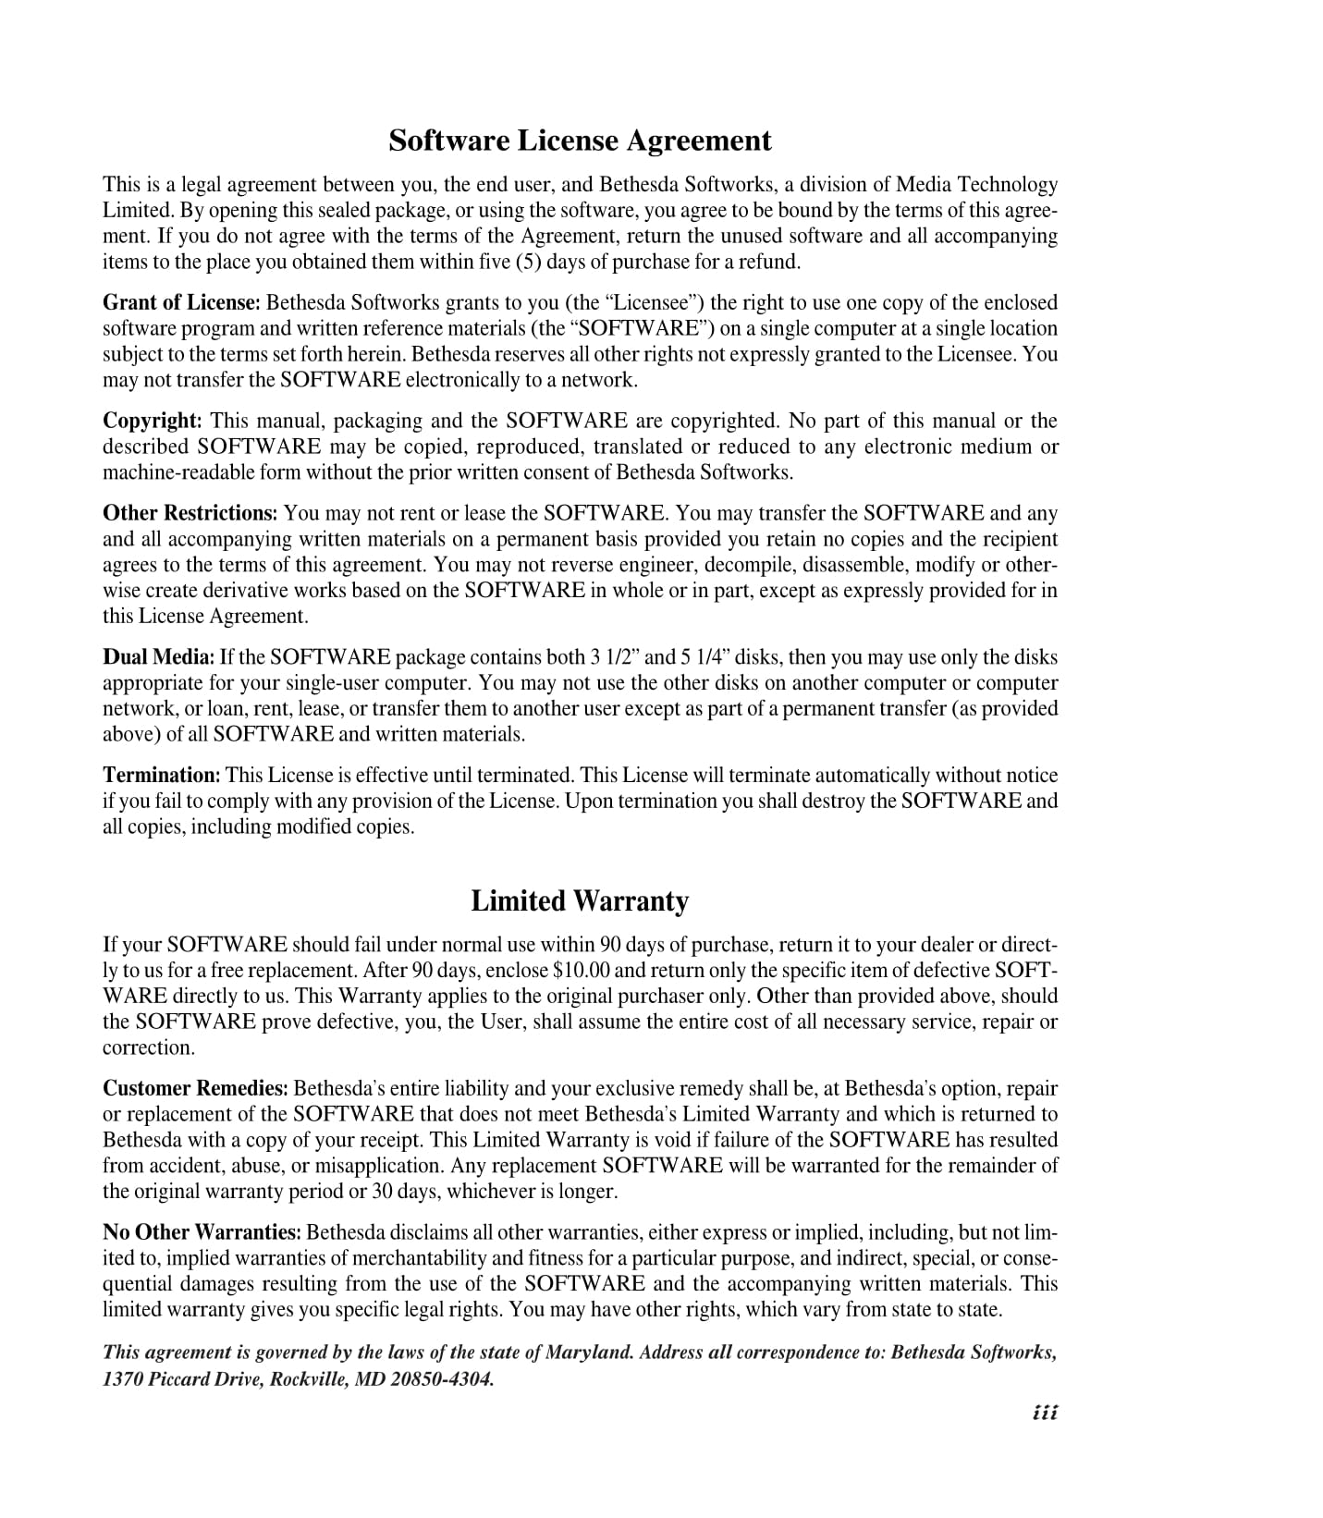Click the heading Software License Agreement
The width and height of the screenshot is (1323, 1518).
[x=579, y=141]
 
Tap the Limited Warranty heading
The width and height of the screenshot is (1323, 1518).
[x=579, y=900]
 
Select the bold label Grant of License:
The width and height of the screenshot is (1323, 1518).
[x=181, y=302]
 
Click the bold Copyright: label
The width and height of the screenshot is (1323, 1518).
[x=152, y=421]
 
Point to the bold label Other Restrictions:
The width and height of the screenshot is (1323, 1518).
[x=190, y=513]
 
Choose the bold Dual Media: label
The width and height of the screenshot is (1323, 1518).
[x=158, y=657]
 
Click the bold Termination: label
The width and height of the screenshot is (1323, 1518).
[x=161, y=775]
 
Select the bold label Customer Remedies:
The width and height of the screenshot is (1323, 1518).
[x=195, y=1088]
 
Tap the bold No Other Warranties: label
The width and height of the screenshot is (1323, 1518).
[x=202, y=1232]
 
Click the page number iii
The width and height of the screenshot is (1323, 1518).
[x=1045, y=1413]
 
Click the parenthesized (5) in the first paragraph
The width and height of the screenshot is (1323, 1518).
[x=529, y=262]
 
